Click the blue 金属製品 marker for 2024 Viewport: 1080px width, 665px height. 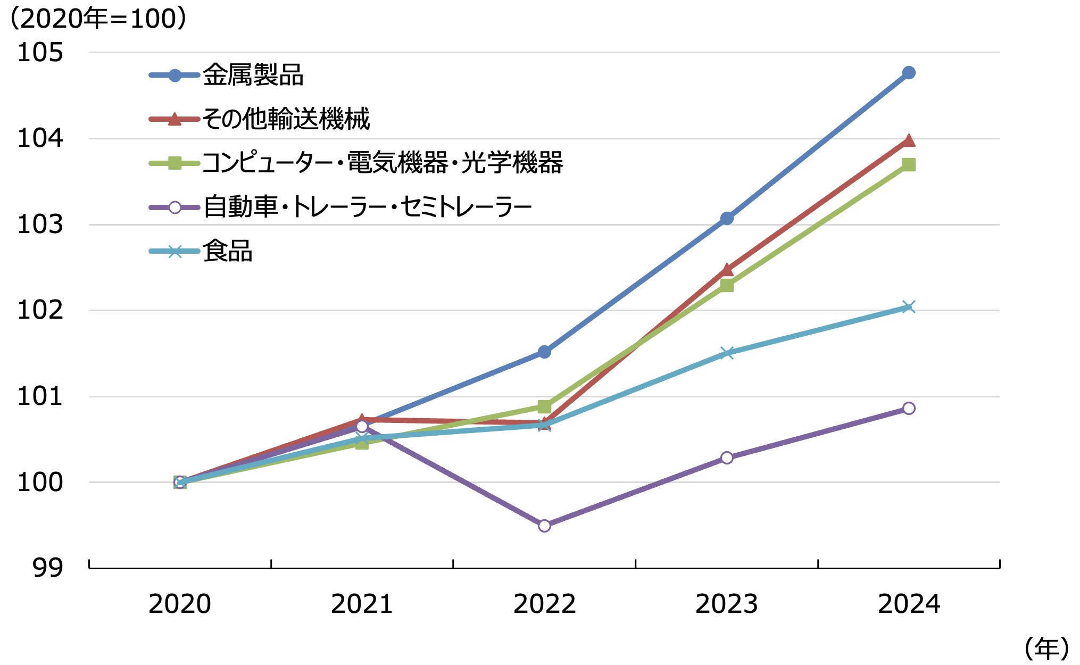tap(909, 73)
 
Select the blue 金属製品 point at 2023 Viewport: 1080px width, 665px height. tap(727, 218)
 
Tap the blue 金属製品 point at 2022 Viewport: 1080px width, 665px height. tap(544, 352)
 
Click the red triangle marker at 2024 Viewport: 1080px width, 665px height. tap(909, 141)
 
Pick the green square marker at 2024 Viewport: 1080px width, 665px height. tap(909, 165)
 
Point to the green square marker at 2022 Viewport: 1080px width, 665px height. tap(544, 407)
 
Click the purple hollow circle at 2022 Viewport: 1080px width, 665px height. tap(544, 526)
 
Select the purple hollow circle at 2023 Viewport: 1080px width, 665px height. tap(727, 458)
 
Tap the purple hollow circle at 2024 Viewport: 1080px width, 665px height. tap(909, 408)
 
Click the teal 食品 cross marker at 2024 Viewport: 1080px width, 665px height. tap(909, 307)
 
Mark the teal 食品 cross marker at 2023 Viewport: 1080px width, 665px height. tap(727, 353)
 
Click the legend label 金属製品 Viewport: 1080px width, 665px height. tap(253, 75)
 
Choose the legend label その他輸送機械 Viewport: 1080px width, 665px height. tap(286, 119)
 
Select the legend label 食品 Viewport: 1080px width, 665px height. tap(227, 251)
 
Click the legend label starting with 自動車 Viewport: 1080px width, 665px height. tap(367, 207)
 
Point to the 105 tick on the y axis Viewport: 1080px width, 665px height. tap(40, 53)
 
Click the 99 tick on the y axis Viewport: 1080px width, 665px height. tap(48, 568)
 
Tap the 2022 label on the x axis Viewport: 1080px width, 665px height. tap(544, 604)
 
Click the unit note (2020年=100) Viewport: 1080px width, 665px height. tap(98, 19)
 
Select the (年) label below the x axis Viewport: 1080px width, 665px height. tap(1046, 649)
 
